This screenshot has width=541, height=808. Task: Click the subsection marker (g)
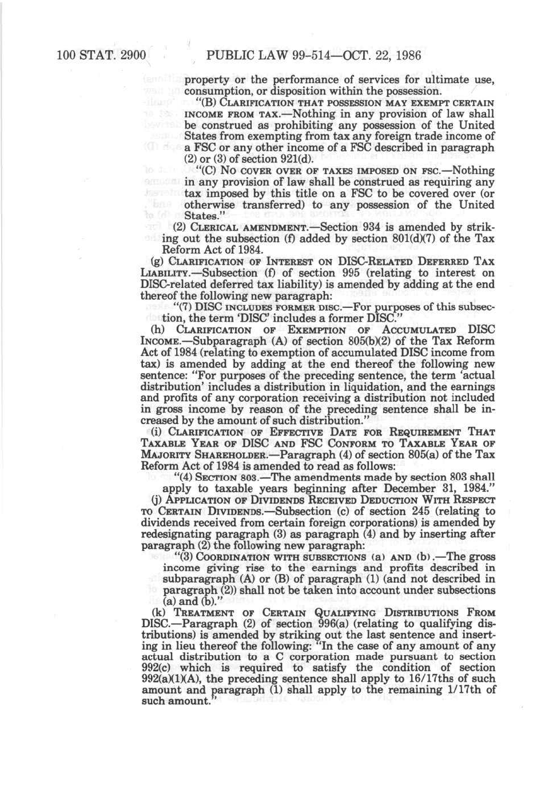pos(146,262)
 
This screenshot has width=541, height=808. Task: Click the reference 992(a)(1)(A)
pos(170,679)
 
